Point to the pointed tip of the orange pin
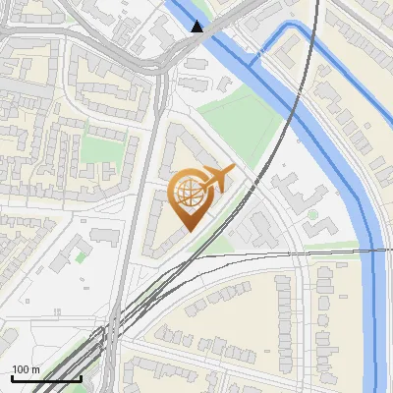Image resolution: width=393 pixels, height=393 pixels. pyautogui.click(x=187, y=231)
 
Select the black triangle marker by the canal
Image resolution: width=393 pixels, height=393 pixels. pyautogui.click(x=197, y=27)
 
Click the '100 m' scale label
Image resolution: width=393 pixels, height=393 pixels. pyautogui.click(x=26, y=369)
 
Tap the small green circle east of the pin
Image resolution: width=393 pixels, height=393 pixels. pyautogui.click(x=312, y=213)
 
